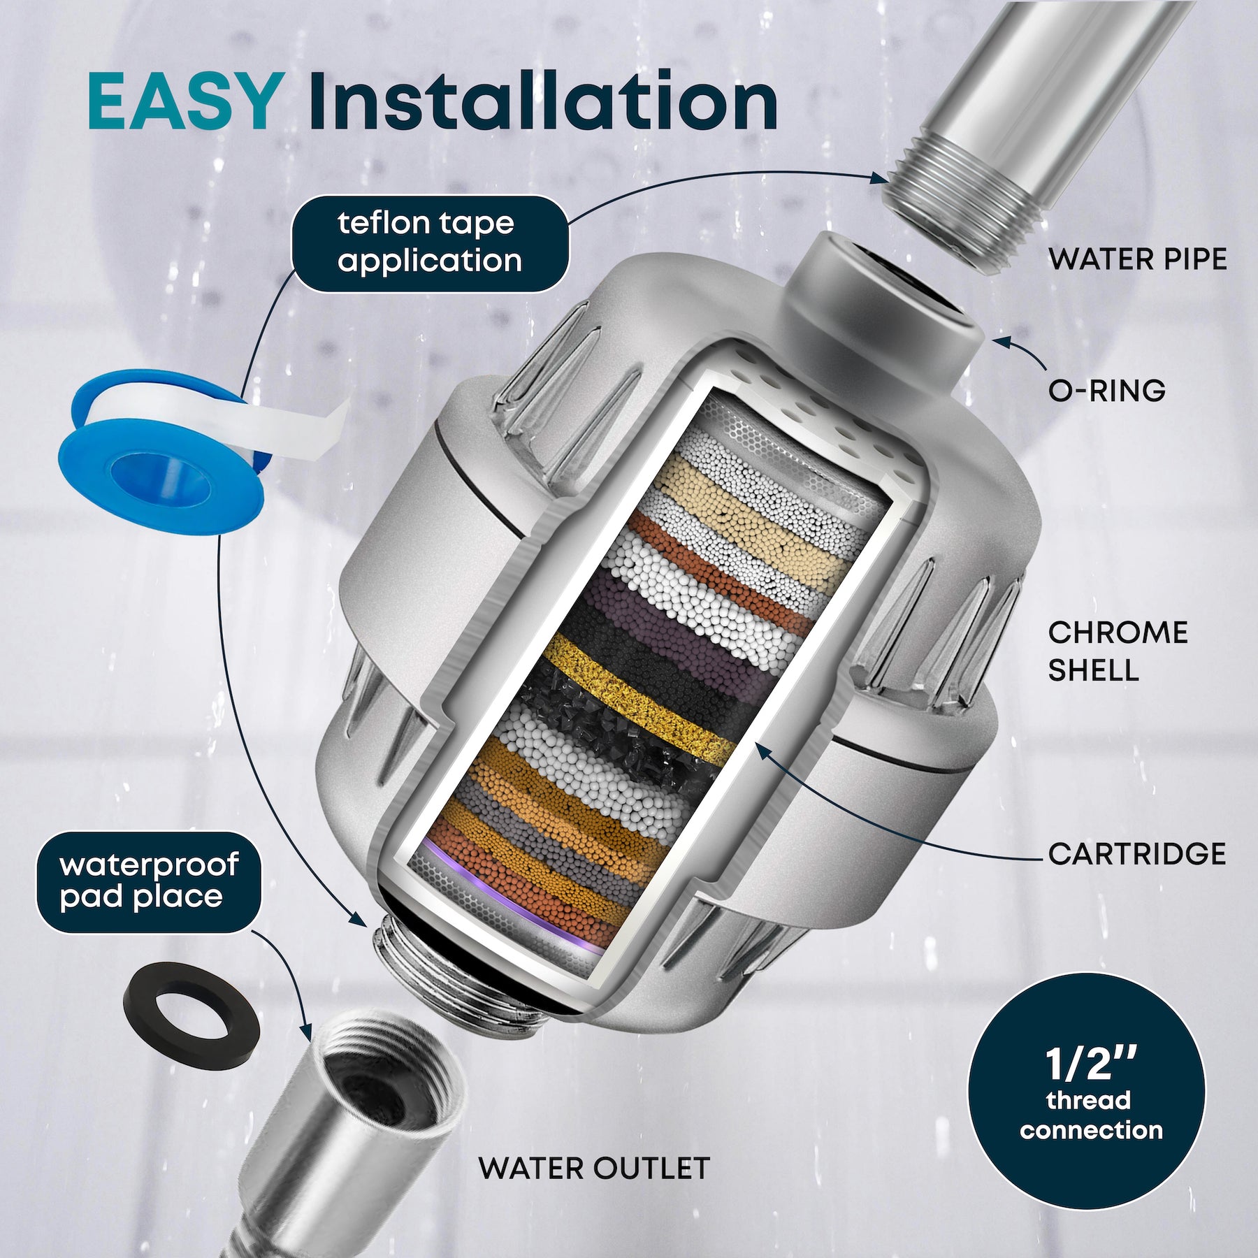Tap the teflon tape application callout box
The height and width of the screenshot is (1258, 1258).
click(429, 243)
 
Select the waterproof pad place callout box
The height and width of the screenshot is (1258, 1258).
click(148, 881)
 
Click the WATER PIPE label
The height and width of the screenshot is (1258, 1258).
click(1137, 260)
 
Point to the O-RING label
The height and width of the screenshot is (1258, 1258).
click(1106, 391)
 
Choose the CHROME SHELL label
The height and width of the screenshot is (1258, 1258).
click(1117, 651)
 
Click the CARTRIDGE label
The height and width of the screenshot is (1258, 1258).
click(1136, 854)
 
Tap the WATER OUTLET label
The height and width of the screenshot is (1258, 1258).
click(594, 1169)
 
